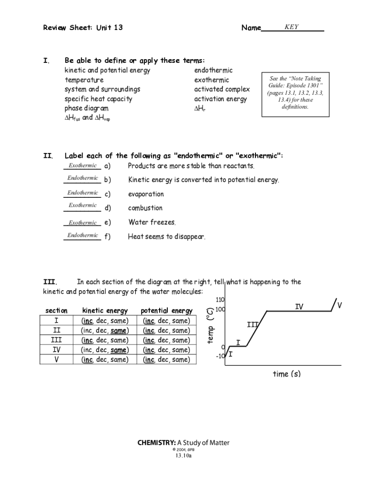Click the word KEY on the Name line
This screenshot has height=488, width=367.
(291, 27)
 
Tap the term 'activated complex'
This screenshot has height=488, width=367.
(222, 90)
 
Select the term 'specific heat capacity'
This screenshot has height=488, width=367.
(98, 99)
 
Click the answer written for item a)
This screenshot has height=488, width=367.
(82, 165)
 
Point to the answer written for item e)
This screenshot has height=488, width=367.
(82, 223)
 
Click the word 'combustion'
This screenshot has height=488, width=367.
(145, 208)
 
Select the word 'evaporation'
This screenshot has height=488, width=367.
(145, 194)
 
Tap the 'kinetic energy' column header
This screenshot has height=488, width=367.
(105, 311)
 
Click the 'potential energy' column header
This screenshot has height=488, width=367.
(166, 311)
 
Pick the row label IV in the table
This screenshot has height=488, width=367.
(56, 350)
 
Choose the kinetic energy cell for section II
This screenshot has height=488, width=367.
(105, 330)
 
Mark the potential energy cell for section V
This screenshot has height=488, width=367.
(166, 360)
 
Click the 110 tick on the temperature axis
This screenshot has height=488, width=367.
(220, 300)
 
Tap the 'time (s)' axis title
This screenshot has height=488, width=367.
(286, 374)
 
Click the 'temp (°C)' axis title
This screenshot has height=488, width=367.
(210, 326)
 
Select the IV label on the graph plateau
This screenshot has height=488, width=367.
(299, 306)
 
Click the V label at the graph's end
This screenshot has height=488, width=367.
(339, 305)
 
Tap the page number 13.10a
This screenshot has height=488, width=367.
(183, 456)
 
